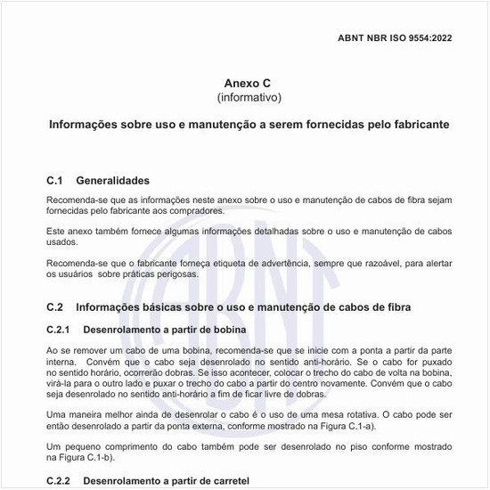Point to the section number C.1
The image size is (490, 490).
[x=56, y=180]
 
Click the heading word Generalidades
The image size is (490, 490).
[x=112, y=180]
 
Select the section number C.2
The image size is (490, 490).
[x=56, y=307]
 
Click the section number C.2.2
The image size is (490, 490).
[x=60, y=481]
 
